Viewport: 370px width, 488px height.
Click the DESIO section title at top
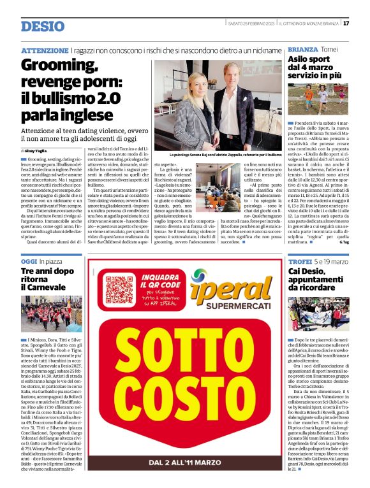pyautogui.click(x=42, y=26)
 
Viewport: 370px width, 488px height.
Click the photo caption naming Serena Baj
pyautogui.click(x=225, y=155)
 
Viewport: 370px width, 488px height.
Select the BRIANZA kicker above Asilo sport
pyautogui.click(x=302, y=50)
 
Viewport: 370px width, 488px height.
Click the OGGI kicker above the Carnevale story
pyautogui.click(x=29, y=261)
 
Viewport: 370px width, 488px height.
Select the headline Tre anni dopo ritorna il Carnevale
pyautogui.click(x=48, y=280)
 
